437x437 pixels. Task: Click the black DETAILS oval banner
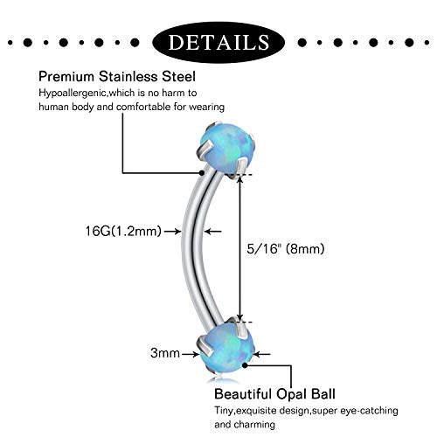(218, 43)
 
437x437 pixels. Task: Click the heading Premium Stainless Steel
(117, 77)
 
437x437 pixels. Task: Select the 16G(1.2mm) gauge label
(123, 232)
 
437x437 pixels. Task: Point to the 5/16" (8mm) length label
(286, 249)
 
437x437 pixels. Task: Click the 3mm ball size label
(165, 353)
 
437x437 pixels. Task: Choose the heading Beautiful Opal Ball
(274, 394)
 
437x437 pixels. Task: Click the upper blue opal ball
(226, 148)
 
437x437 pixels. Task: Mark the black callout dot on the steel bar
(202, 173)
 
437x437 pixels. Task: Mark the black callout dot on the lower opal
(245, 364)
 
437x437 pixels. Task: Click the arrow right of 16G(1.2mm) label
(172, 232)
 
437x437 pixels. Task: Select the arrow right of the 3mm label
(191, 354)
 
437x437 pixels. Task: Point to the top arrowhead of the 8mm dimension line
(239, 179)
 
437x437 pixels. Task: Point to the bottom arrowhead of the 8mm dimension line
(239, 317)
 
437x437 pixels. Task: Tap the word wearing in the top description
(207, 108)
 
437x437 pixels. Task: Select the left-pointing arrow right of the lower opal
(261, 354)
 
